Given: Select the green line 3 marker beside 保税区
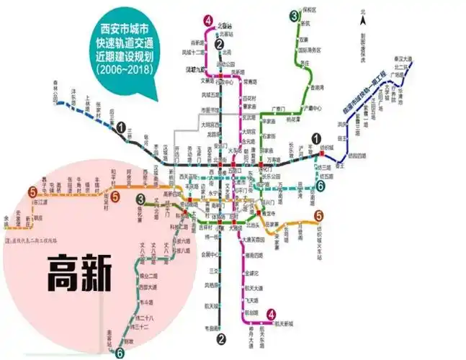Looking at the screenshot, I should [x=294, y=16].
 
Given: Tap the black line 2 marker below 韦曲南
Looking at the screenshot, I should [x=222, y=339].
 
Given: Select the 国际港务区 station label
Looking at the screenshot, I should [x=309, y=51].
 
